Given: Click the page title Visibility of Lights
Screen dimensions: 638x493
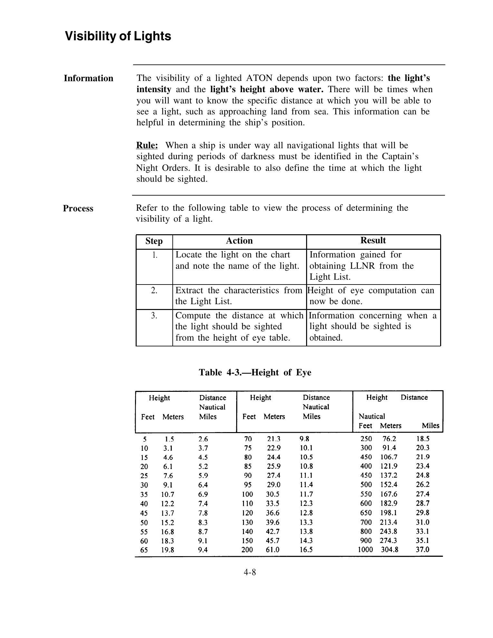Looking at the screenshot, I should (118, 36).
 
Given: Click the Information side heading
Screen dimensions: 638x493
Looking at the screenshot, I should (89, 78).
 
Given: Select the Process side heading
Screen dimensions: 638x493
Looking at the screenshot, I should (78, 208).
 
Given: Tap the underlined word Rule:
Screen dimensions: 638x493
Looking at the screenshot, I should (147, 145).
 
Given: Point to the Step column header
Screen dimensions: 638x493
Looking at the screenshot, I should (154, 241).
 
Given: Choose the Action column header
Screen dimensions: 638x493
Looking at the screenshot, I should (239, 241).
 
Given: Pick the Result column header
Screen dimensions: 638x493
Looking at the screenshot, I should (373, 240).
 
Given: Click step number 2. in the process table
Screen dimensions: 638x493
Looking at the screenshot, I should (154, 290).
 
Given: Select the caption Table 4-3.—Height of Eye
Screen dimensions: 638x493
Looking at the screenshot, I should (255, 372).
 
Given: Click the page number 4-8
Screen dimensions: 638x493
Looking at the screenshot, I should (250, 572).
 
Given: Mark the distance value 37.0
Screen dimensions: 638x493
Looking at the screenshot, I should (422, 549).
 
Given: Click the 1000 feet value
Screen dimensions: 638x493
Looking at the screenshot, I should (365, 549).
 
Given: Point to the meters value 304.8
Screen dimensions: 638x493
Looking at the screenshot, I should (390, 549).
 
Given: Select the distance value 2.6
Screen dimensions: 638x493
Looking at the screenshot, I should (203, 439).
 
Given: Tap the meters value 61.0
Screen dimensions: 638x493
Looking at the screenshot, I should (272, 549).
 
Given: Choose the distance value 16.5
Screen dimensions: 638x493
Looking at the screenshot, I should (306, 549).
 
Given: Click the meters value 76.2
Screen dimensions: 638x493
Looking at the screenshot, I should (389, 439).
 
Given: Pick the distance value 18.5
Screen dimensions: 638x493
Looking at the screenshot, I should (423, 439).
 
